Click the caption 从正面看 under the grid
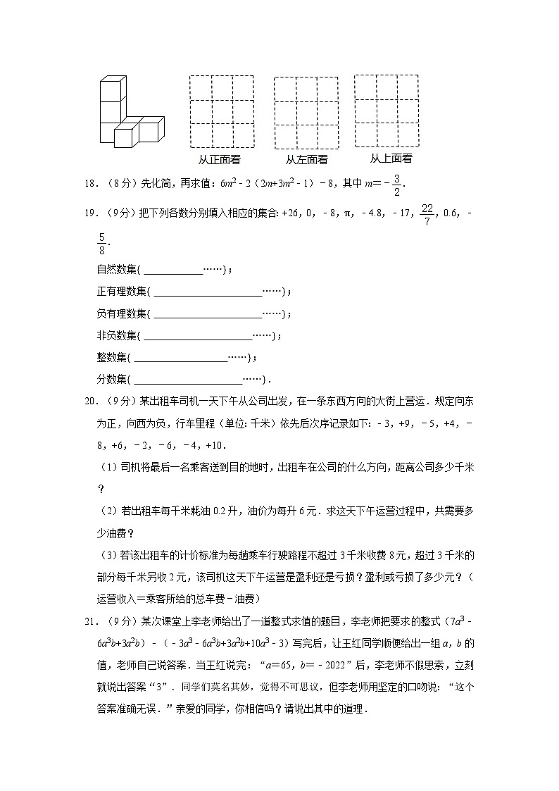coord(219,160)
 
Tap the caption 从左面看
coord(306,160)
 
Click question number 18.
coord(90,183)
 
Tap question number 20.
coord(90,401)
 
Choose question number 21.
coord(90,621)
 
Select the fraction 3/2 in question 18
coord(397,183)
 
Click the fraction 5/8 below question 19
coord(102,244)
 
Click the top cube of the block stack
coord(111,89)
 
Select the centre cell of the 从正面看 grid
coord(222,111)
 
